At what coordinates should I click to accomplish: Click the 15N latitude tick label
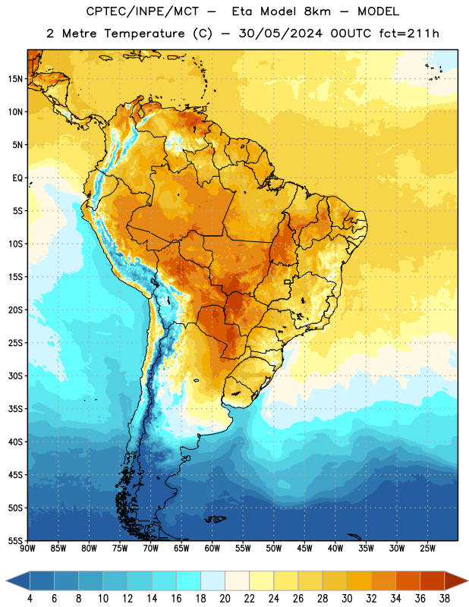(x=15, y=79)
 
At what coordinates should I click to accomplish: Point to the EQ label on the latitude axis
(x=17, y=178)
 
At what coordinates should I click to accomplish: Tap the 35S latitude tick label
(x=15, y=409)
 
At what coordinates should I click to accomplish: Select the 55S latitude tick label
(x=15, y=540)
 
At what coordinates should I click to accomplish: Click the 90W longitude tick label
(x=27, y=549)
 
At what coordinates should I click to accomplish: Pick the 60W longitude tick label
(x=212, y=549)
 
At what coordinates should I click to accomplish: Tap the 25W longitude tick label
(x=427, y=549)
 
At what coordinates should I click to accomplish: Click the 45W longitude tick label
(x=304, y=549)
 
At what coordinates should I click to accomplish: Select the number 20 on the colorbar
(x=225, y=599)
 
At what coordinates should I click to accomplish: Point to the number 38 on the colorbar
(x=445, y=599)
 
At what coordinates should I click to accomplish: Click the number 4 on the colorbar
(x=30, y=599)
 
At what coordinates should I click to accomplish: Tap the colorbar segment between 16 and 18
(x=189, y=580)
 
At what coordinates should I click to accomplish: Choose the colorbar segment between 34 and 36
(x=408, y=580)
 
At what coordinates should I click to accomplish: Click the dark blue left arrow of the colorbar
(x=18, y=580)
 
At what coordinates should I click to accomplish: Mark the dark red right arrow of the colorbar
(x=456, y=580)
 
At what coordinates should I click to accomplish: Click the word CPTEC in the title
(x=102, y=11)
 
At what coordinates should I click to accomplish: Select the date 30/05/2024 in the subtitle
(x=280, y=33)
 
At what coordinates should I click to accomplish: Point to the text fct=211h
(x=409, y=33)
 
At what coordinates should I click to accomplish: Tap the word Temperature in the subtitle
(x=143, y=33)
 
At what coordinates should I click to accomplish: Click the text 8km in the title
(x=317, y=11)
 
